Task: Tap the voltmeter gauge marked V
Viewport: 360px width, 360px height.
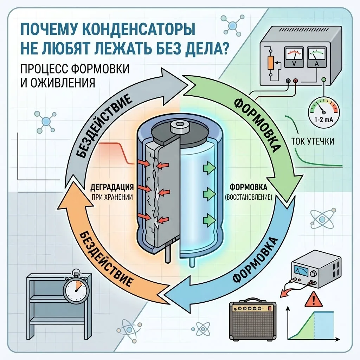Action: pos(294,57)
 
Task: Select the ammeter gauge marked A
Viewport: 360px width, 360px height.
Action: pos(317,57)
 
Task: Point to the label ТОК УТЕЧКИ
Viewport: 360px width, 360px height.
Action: pos(313,141)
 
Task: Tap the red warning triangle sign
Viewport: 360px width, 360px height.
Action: pos(313,300)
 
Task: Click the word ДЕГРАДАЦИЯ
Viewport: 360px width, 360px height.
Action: pos(112,187)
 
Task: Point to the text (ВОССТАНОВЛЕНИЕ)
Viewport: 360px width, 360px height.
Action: pos(249,197)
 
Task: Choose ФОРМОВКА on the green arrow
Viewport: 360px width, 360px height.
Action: pos(257,125)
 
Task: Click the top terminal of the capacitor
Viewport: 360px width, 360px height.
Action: pos(180,127)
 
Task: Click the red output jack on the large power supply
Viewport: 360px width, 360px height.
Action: pos(296,81)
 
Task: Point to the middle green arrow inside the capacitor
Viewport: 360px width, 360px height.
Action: pos(210,194)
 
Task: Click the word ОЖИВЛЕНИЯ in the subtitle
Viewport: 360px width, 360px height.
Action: pos(62,83)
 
